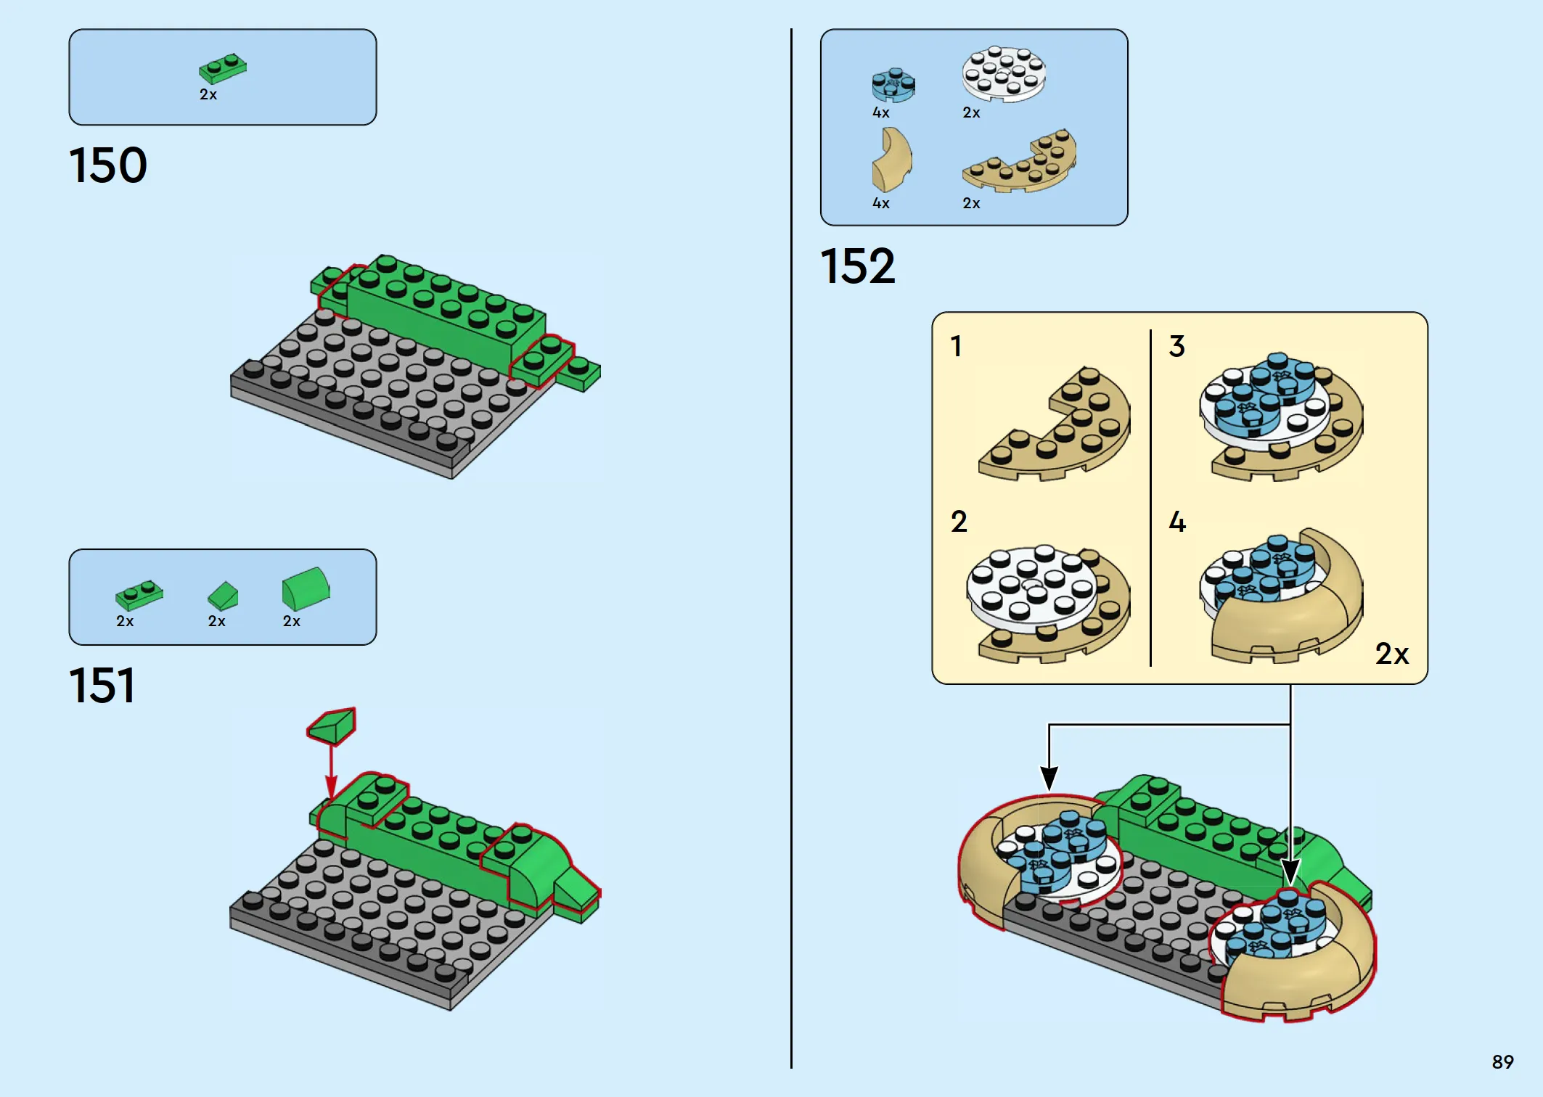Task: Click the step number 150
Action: [x=108, y=165]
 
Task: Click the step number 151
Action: [x=102, y=686]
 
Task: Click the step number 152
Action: [x=858, y=266]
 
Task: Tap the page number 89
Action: [x=1502, y=1062]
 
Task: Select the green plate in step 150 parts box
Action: [x=223, y=68]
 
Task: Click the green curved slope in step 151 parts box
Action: [x=306, y=588]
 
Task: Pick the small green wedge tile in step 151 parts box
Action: [x=223, y=596]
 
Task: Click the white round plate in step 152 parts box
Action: [x=1004, y=74]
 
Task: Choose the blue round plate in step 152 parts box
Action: [x=893, y=85]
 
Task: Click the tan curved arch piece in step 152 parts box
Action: [x=891, y=160]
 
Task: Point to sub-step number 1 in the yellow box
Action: [x=957, y=346]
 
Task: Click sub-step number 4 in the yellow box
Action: [x=1177, y=522]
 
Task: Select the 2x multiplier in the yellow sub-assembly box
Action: [x=1392, y=654]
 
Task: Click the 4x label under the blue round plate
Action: [x=881, y=112]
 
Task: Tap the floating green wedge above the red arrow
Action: [x=332, y=726]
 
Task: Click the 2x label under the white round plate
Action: [x=971, y=112]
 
